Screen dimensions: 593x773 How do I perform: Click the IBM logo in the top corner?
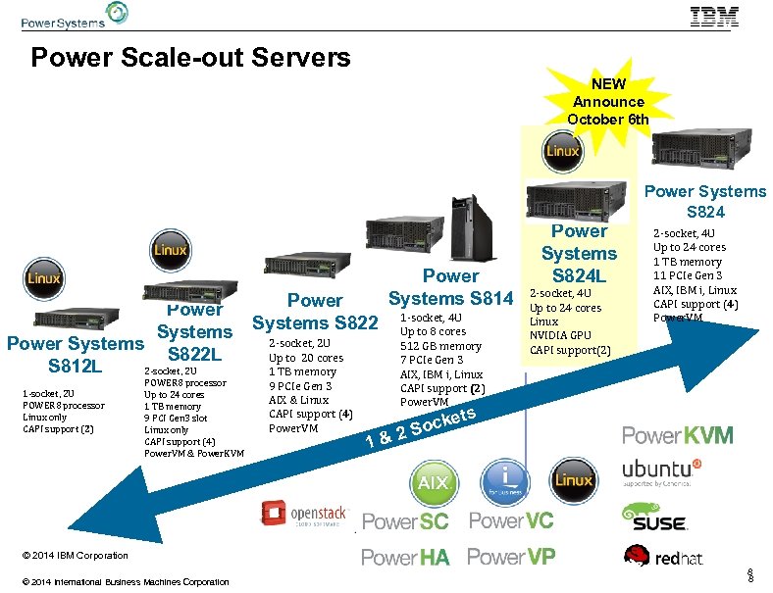click(728, 16)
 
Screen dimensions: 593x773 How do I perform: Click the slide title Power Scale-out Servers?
click(190, 58)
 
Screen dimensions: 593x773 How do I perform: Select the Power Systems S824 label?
click(705, 201)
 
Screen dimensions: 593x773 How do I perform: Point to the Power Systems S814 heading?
click(450, 287)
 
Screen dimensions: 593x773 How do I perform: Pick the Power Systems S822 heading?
click(315, 311)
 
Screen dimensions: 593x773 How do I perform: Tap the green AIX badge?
click(434, 482)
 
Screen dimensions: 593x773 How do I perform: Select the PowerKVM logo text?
click(677, 434)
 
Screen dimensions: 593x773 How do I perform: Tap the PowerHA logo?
click(405, 558)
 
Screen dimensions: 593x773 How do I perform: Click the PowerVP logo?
click(511, 557)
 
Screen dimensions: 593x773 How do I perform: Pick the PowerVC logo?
click(511, 520)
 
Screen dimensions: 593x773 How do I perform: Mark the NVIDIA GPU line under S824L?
click(560, 335)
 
